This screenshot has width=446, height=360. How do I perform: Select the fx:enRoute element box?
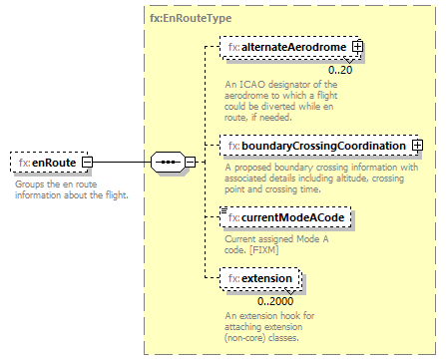click(x=46, y=162)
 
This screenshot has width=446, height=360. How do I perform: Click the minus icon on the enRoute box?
click(x=88, y=162)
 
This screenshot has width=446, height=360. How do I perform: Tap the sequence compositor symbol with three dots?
click(x=168, y=162)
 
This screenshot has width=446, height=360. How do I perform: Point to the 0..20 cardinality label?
click(x=340, y=70)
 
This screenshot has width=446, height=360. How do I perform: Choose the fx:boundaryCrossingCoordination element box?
click(x=316, y=147)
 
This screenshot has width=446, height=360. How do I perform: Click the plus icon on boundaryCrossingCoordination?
click(x=417, y=147)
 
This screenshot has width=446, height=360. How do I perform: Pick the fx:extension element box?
click(x=260, y=279)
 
